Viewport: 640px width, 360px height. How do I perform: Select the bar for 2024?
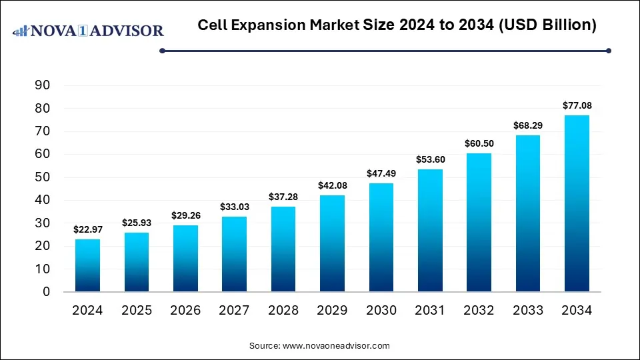click(87, 265)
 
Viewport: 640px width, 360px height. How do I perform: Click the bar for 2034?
click(577, 203)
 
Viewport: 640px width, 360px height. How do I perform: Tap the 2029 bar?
click(332, 243)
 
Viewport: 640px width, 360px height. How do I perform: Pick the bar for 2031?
click(430, 230)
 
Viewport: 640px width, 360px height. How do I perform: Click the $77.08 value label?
click(577, 105)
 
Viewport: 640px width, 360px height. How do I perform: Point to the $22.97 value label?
click(87, 229)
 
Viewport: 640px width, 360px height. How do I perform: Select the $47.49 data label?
click(381, 173)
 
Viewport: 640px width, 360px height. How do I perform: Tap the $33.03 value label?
click(234, 207)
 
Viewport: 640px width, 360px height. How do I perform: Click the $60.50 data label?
click(479, 143)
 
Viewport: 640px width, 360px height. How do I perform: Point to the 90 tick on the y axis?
click(43, 85)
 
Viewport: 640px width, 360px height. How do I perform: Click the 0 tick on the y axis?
click(46, 292)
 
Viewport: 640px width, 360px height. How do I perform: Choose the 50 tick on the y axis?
click(43, 177)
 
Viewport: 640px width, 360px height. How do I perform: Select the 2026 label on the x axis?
click(185, 311)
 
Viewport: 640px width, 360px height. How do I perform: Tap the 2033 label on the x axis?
click(528, 311)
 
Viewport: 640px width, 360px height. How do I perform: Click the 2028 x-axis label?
click(283, 311)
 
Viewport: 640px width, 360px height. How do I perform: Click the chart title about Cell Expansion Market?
click(397, 26)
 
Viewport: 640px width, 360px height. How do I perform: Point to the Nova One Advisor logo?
click(87, 31)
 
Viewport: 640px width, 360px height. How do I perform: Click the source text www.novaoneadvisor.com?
click(319, 346)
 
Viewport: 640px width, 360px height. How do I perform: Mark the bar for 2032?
click(479, 223)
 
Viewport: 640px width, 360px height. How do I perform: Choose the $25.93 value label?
click(136, 223)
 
